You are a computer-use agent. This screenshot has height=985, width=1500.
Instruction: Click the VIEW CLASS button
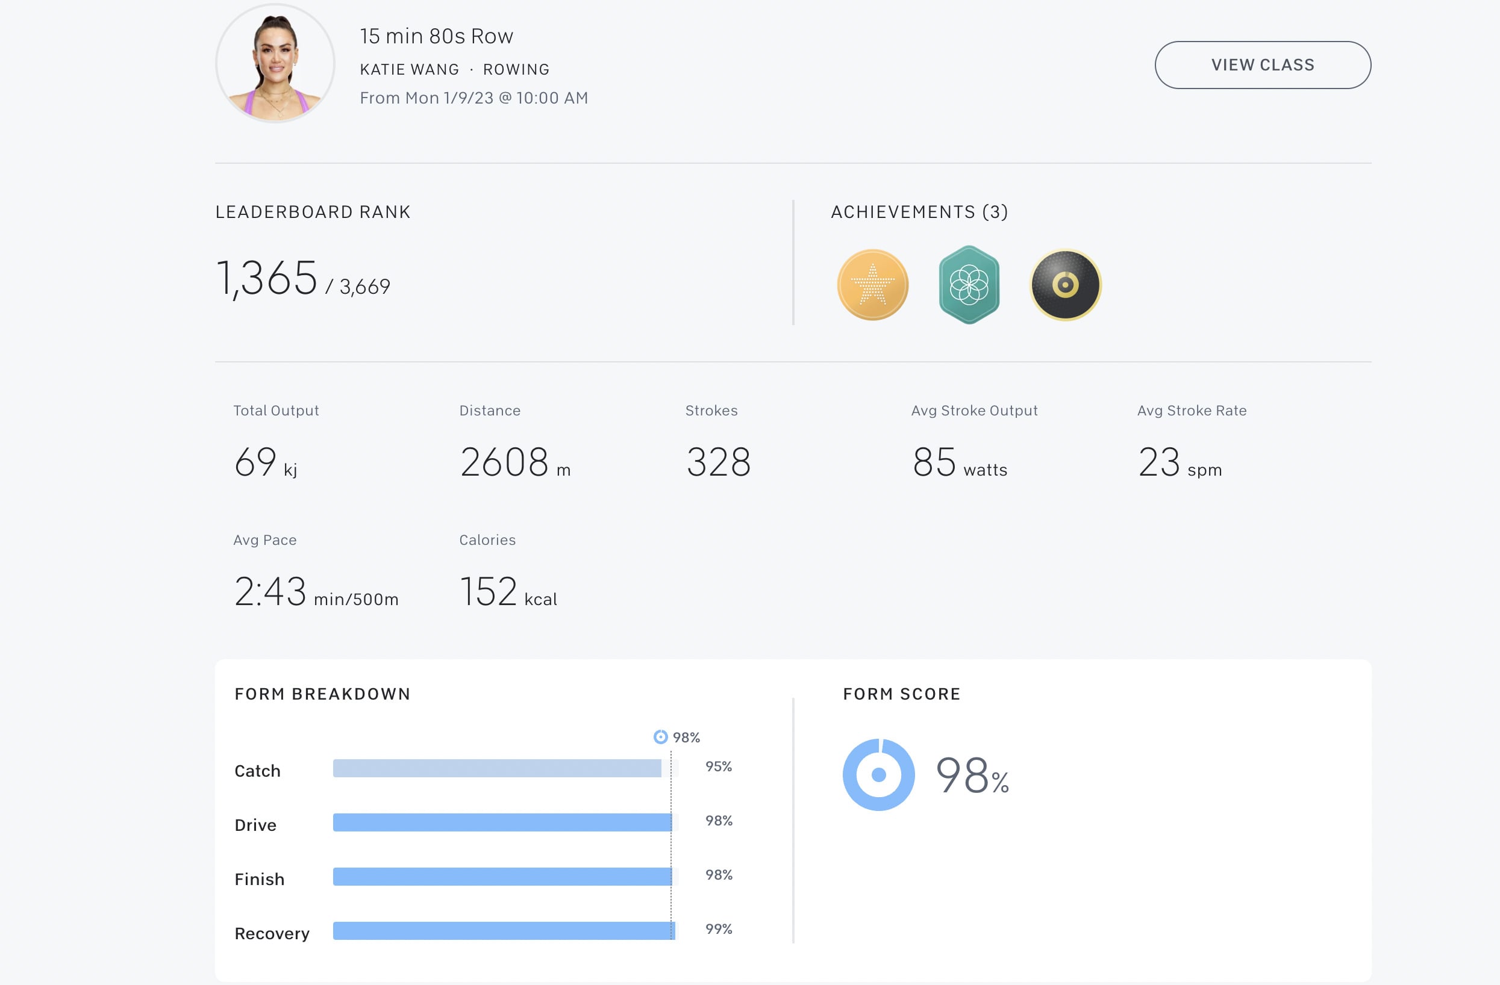tap(1262, 65)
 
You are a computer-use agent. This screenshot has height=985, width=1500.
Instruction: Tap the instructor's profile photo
tap(275, 63)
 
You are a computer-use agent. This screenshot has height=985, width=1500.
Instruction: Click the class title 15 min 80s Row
tap(436, 36)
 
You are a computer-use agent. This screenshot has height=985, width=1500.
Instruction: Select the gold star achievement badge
tap(872, 285)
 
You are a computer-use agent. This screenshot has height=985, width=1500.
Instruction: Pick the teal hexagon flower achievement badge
tap(969, 285)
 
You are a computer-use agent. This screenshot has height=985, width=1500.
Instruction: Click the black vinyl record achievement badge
tap(1065, 285)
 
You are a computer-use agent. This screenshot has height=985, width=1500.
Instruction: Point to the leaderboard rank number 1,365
tap(267, 278)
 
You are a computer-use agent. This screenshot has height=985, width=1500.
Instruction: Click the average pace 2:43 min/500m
tap(315, 591)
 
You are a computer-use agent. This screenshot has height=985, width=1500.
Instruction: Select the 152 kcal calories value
tap(508, 591)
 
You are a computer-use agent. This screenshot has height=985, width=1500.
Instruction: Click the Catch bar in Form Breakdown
tap(496, 768)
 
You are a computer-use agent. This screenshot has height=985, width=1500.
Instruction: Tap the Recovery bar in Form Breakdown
tap(503, 930)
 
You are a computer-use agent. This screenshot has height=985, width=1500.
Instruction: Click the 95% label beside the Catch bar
tap(719, 766)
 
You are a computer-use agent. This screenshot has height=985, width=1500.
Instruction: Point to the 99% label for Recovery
tap(719, 929)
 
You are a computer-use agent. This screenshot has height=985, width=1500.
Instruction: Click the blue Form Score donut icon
tap(878, 775)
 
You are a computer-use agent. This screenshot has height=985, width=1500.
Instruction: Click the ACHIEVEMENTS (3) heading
tap(919, 211)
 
